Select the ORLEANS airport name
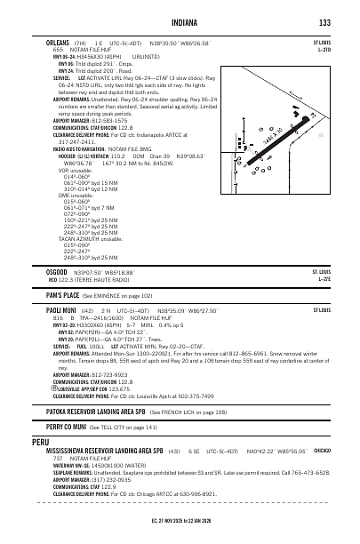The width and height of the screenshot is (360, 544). pos(60,42)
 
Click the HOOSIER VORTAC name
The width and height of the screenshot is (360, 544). pos(59,156)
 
